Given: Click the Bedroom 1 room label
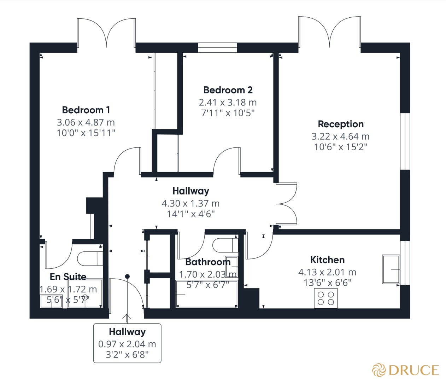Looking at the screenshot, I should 86,110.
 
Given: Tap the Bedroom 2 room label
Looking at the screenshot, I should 228,90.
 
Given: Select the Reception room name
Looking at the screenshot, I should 341,124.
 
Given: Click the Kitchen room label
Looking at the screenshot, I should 327,260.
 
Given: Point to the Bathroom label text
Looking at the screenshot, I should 208,262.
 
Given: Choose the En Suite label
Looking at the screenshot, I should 68,277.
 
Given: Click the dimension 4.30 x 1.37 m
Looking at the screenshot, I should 190,204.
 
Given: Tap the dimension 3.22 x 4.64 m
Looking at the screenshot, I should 340,136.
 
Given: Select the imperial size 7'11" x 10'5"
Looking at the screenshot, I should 228,113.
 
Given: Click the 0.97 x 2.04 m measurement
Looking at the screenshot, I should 127,344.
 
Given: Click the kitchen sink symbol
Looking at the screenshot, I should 391,269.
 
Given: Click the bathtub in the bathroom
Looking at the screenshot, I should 207,294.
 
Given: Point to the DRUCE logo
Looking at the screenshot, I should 405,370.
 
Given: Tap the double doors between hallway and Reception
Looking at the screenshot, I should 287,204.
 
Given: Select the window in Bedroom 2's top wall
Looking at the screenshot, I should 217,48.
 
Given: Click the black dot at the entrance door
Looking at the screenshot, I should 127,276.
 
